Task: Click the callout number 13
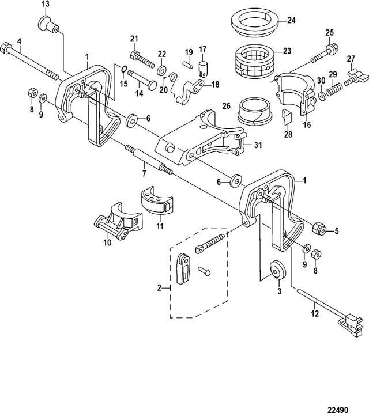(x=46, y=4)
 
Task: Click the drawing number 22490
(x=338, y=410)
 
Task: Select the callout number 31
(x=258, y=145)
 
